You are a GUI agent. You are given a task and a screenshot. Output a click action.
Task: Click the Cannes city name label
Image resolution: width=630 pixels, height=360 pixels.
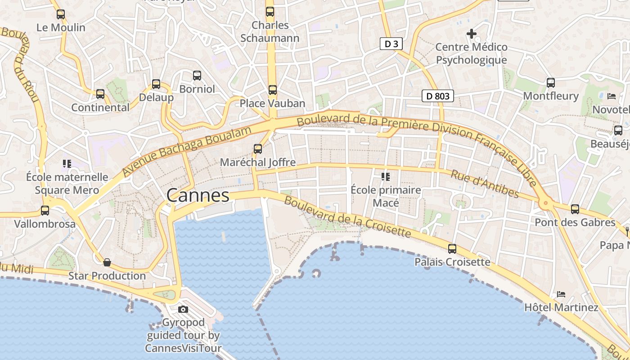point(198,196)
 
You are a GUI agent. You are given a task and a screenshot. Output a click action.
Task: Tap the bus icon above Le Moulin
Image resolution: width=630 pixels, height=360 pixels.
point(61,14)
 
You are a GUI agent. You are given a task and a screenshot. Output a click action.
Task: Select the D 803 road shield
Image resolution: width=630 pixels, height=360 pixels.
point(438,96)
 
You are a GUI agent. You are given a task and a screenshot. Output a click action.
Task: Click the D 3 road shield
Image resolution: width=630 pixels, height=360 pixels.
point(391,44)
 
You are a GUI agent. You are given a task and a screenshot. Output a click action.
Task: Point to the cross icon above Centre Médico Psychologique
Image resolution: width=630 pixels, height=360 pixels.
point(471,34)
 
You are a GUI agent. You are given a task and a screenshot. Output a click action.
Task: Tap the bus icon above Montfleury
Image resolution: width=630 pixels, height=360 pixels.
point(551,83)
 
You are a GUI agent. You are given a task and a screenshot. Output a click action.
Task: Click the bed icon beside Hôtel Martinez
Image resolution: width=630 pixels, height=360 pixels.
point(561,294)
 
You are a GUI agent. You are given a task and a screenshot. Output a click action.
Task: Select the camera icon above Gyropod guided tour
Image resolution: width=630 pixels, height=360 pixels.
point(183,309)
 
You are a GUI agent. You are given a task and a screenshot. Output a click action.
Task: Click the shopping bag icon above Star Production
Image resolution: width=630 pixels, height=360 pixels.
point(107,262)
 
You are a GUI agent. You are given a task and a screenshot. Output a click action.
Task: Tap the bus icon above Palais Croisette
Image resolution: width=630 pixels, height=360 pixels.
point(452,248)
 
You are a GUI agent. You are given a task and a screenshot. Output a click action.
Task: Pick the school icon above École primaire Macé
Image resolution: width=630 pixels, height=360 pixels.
point(385,176)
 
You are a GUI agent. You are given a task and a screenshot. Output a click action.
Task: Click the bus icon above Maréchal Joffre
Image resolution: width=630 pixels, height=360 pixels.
point(258,148)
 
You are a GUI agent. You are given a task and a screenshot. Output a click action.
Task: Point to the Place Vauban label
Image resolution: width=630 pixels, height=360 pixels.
point(272,103)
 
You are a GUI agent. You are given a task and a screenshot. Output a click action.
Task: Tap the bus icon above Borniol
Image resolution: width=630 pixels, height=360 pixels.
point(197,76)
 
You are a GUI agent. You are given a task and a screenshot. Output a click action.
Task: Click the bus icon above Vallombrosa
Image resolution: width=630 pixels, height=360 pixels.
point(45,210)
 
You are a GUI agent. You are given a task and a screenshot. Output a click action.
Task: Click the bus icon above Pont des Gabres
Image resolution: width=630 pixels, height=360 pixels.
point(575,209)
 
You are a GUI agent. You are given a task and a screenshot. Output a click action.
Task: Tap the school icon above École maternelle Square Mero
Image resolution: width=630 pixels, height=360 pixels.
point(67,164)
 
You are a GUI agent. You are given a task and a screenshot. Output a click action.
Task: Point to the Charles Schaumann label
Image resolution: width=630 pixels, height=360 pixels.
point(270,31)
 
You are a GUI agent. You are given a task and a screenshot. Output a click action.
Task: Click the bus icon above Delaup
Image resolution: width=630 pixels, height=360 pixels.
point(156,84)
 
